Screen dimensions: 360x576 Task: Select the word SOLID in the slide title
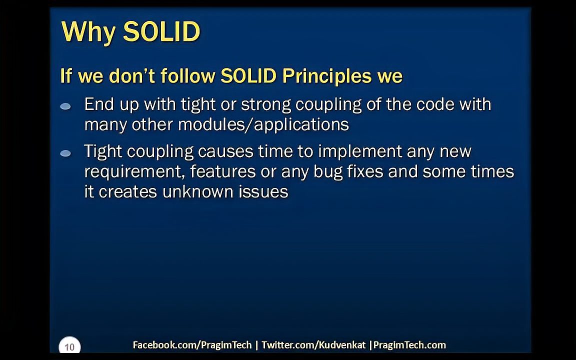(161, 32)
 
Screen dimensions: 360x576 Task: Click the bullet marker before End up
(65, 106)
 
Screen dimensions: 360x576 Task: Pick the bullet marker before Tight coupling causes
(65, 153)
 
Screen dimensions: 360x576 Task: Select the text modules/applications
(263, 124)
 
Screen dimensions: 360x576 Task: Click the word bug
(328, 172)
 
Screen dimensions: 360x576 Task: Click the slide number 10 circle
(69, 346)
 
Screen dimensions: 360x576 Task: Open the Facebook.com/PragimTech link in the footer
(192, 345)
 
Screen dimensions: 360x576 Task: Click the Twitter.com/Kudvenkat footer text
(313, 345)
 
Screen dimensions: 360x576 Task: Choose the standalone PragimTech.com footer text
(409, 345)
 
